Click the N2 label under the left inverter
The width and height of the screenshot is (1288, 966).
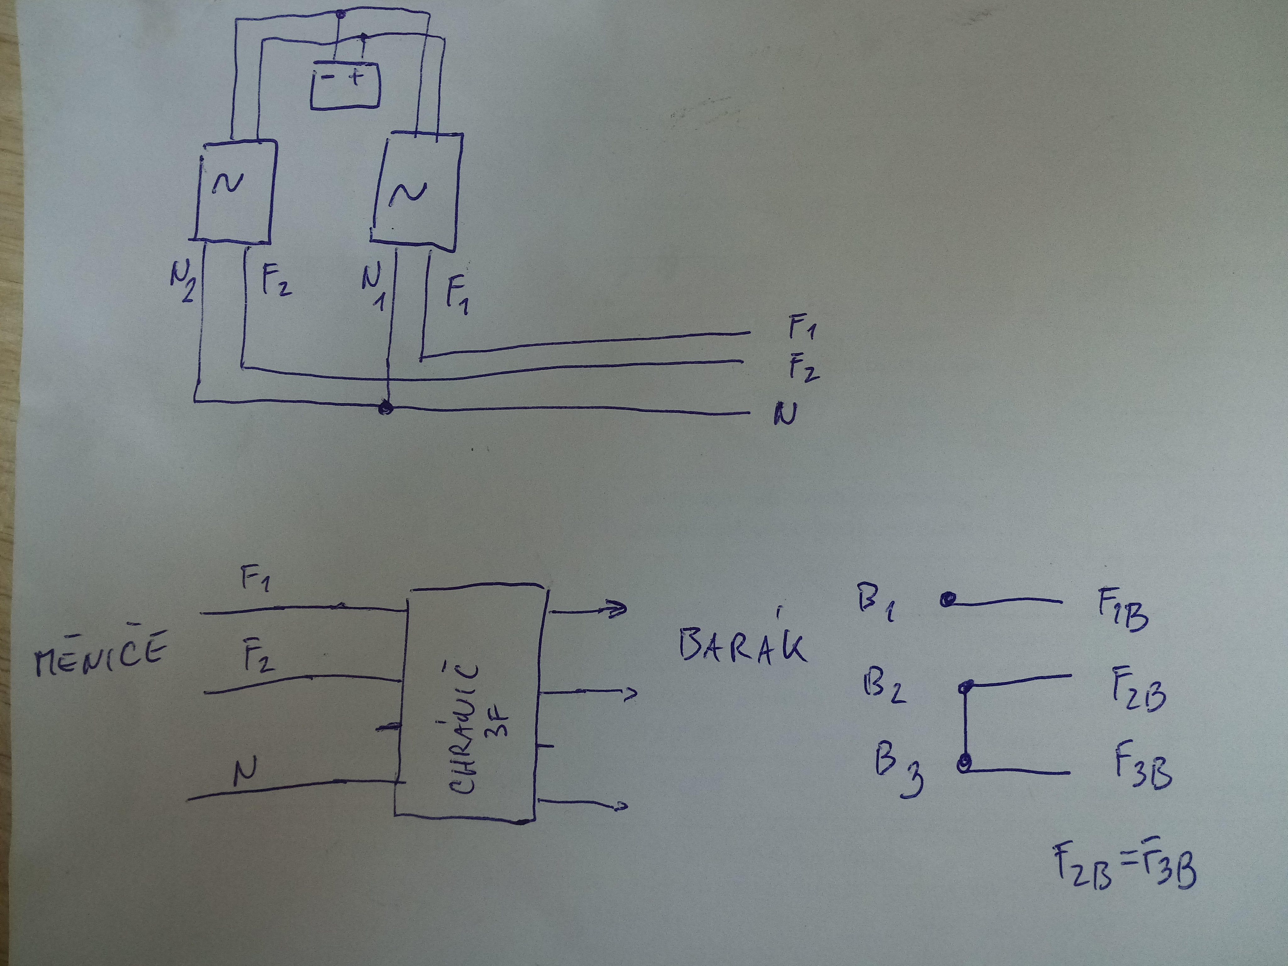(x=182, y=281)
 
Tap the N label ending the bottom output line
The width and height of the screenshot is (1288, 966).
(x=786, y=414)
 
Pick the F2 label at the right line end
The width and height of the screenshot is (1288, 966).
(x=803, y=367)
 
